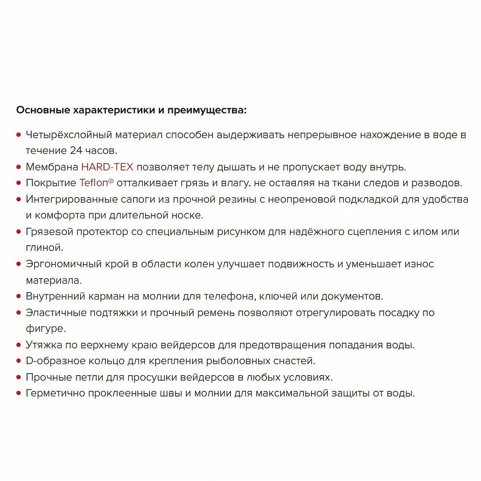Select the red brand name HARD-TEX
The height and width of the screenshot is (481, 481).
[107, 167]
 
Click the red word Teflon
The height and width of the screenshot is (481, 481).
[94, 183]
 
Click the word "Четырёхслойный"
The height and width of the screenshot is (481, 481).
[69, 135]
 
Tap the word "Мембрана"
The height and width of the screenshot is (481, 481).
[52, 167]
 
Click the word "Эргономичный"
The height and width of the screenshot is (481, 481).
[66, 264]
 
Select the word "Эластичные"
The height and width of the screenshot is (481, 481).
[56, 313]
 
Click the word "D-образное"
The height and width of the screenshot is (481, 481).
[56, 361]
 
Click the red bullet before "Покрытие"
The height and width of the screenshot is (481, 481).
[18, 183]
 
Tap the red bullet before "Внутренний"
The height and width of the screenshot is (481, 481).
[18, 297]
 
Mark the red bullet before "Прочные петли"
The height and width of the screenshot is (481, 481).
[18, 378]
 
